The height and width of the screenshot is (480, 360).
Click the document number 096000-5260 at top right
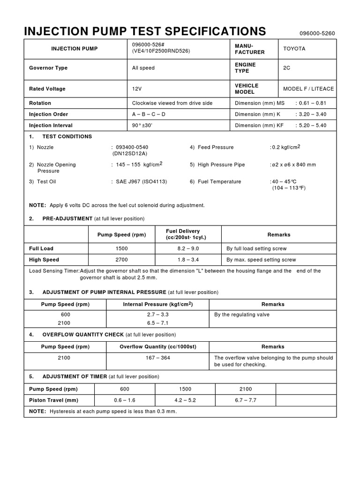(317, 34)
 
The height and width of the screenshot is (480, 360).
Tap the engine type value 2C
(287, 68)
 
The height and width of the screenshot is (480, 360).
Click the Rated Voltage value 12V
(137, 89)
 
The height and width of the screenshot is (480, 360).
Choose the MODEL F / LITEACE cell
(307, 89)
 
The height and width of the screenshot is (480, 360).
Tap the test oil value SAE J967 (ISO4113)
(141, 182)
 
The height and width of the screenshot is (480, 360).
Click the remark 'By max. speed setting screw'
(261, 260)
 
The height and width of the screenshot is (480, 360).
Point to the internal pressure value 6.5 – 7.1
(157, 323)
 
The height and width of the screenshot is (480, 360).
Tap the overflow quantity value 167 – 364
(157, 358)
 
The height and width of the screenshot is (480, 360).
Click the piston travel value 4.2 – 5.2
(185, 400)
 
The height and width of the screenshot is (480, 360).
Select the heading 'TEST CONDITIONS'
(67, 137)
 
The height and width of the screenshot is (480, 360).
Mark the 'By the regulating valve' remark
(242, 315)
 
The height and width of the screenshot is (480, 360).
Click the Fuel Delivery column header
(183, 234)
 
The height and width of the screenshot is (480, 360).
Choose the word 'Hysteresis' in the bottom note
(61, 412)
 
